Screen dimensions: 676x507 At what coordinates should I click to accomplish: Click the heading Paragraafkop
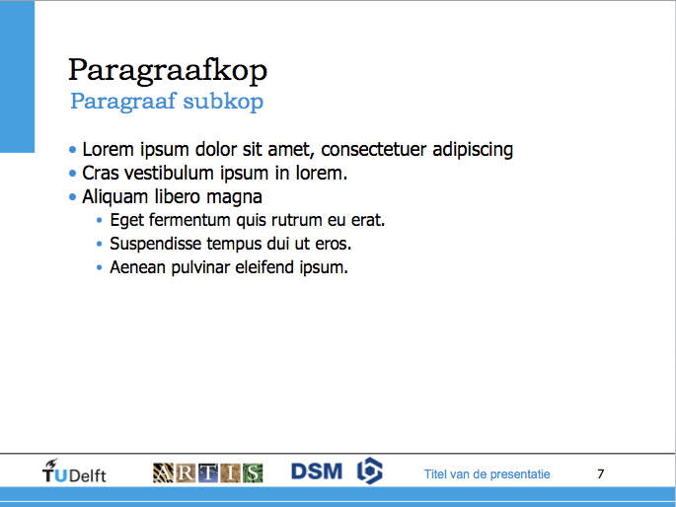[x=168, y=70]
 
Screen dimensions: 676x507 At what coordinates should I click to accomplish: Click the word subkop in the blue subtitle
[x=223, y=102]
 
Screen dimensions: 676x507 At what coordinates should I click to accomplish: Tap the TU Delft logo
[x=74, y=471]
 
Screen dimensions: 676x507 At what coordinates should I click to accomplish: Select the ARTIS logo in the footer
[x=208, y=472]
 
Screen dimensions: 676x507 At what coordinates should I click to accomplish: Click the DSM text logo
[x=317, y=471]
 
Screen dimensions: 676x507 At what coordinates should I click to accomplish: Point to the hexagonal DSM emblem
[x=370, y=471]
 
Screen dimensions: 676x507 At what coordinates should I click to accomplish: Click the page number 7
[x=601, y=473]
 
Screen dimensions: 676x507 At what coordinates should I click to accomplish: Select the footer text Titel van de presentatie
[x=488, y=474]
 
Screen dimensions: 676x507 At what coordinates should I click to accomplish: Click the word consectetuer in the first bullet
[x=374, y=150]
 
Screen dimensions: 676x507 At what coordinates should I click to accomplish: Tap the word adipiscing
[x=473, y=150]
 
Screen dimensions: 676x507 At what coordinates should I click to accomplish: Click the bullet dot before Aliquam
[x=72, y=197]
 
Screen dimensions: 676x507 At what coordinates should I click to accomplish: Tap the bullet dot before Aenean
[x=100, y=267]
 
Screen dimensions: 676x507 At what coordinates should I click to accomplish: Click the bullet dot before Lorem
[x=72, y=150]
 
